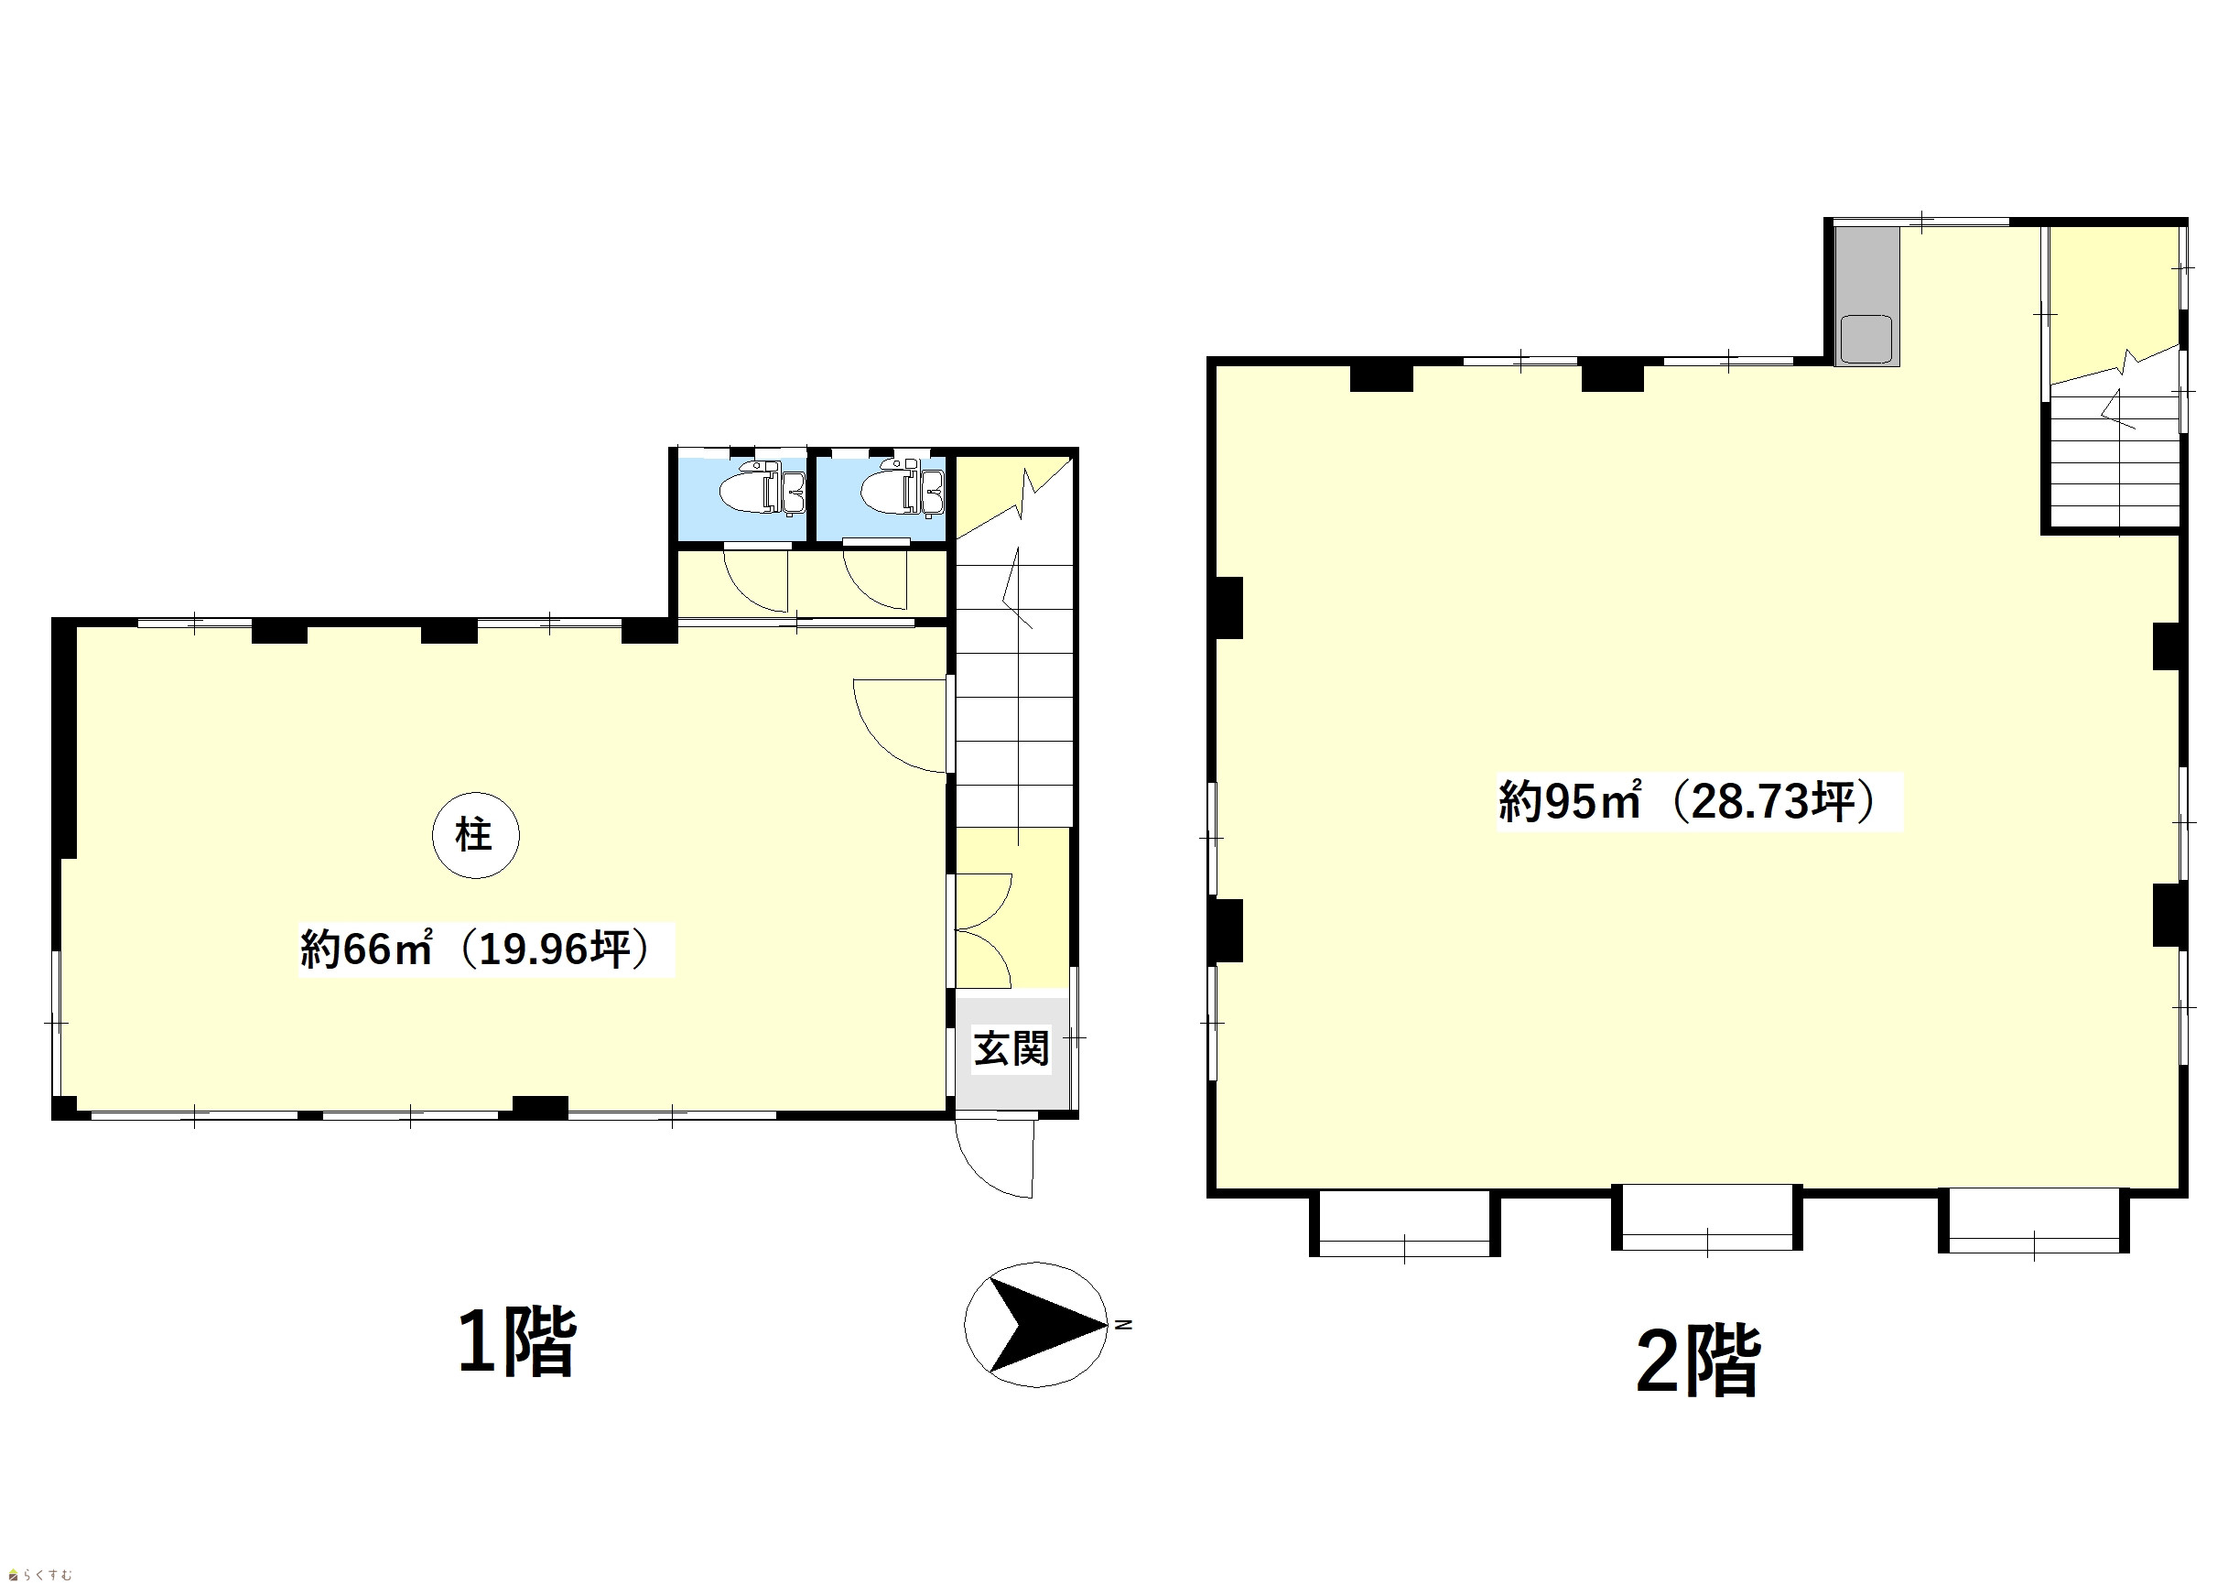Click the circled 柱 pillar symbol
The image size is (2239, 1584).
[476, 835]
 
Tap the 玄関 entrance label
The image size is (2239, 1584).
[1011, 1049]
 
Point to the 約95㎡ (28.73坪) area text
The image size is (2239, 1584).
[1688, 802]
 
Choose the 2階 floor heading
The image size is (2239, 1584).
[1698, 1362]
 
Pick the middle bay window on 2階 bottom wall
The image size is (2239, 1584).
[1706, 1221]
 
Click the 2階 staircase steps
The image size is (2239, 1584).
[2115, 459]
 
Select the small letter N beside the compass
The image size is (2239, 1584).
[1124, 1325]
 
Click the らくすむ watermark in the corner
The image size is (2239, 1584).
[41, 1574]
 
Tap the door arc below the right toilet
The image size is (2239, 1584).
[876, 580]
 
